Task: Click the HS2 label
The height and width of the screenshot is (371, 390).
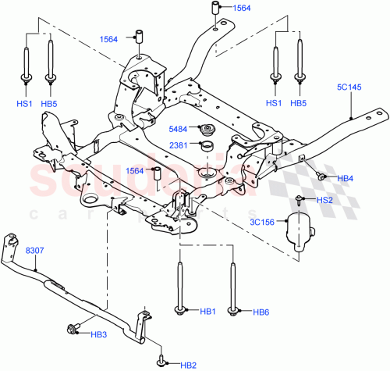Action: [x=326, y=201]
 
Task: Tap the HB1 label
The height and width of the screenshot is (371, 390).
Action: [x=207, y=312]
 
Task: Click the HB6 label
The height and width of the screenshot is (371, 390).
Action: [x=262, y=312]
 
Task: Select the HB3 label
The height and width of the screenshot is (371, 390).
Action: [x=98, y=335]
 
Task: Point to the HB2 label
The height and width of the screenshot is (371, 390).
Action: [x=188, y=364]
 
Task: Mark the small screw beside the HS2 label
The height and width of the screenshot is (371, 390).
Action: [x=300, y=201]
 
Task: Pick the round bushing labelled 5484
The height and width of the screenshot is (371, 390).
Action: [x=208, y=130]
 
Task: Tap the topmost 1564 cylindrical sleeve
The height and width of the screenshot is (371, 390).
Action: [x=211, y=9]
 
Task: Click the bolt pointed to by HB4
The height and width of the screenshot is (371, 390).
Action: [x=321, y=177]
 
